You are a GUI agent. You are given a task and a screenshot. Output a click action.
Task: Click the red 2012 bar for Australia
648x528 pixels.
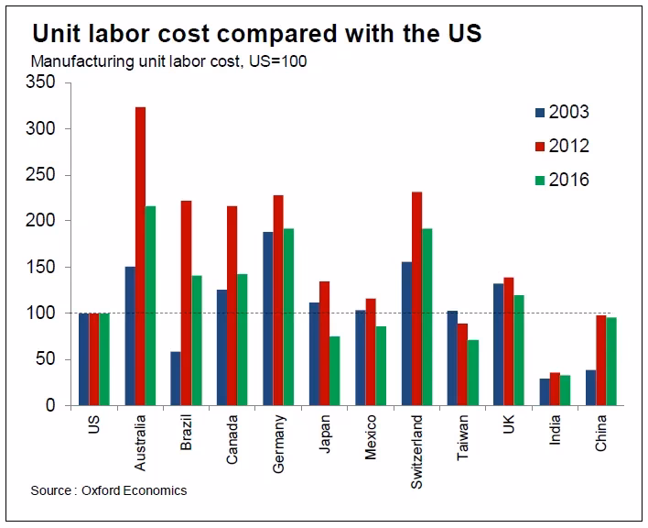[140, 257]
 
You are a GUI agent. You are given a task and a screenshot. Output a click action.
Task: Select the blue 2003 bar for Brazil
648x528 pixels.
[176, 379]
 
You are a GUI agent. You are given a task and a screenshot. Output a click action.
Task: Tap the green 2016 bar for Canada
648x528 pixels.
[243, 339]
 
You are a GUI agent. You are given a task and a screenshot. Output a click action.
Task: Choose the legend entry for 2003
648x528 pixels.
[560, 113]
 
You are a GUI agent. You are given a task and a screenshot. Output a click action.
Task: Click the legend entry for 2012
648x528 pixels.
[560, 146]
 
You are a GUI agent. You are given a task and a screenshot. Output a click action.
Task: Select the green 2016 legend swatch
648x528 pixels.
[539, 180]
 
